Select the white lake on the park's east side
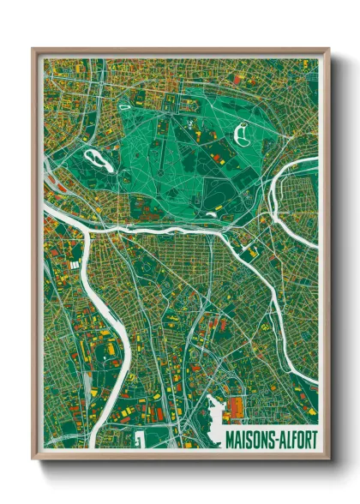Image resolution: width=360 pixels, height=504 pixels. (x=242, y=134)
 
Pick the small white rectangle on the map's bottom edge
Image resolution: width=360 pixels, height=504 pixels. (x=138, y=440)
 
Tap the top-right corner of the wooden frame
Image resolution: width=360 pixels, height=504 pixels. (x=327, y=50)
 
